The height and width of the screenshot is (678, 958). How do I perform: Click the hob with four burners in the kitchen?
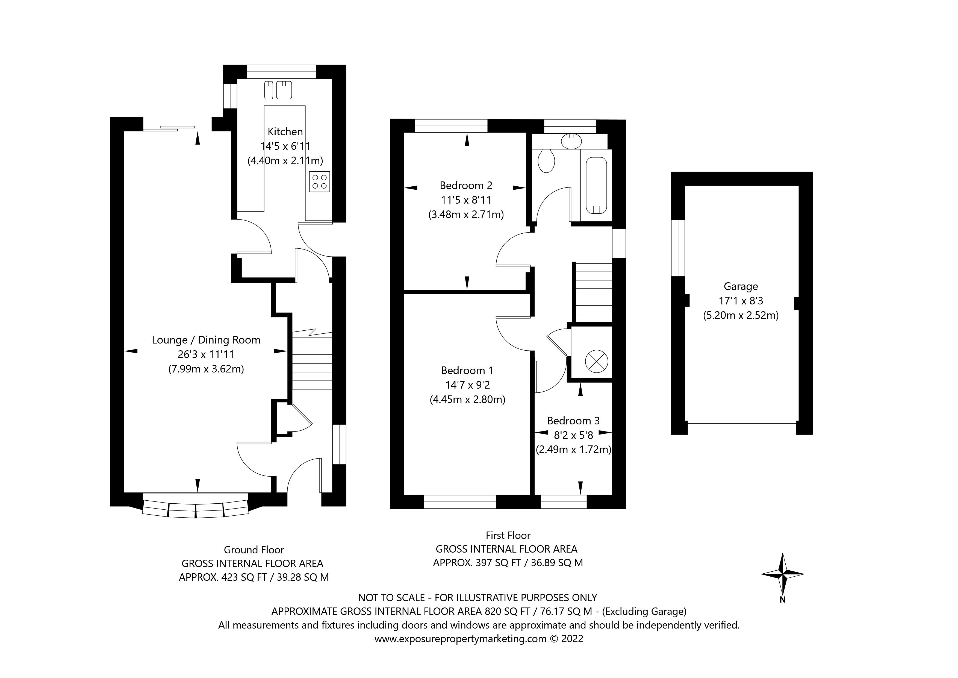click(x=320, y=182)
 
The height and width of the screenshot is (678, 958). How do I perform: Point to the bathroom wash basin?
click(x=571, y=141)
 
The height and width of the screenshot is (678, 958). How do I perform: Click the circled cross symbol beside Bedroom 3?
click(x=596, y=361)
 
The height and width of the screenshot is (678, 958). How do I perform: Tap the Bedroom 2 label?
click(x=466, y=185)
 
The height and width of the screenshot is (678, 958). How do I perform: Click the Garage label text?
click(x=741, y=286)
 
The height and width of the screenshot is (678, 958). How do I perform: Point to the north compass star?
click(x=783, y=574)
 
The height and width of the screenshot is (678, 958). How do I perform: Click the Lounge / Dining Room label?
click(x=206, y=340)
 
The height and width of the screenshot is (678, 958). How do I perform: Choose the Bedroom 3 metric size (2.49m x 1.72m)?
click(x=573, y=450)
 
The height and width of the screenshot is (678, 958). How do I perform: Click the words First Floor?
click(x=508, y=535)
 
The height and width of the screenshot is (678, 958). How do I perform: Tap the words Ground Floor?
click(x=254, y=550)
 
